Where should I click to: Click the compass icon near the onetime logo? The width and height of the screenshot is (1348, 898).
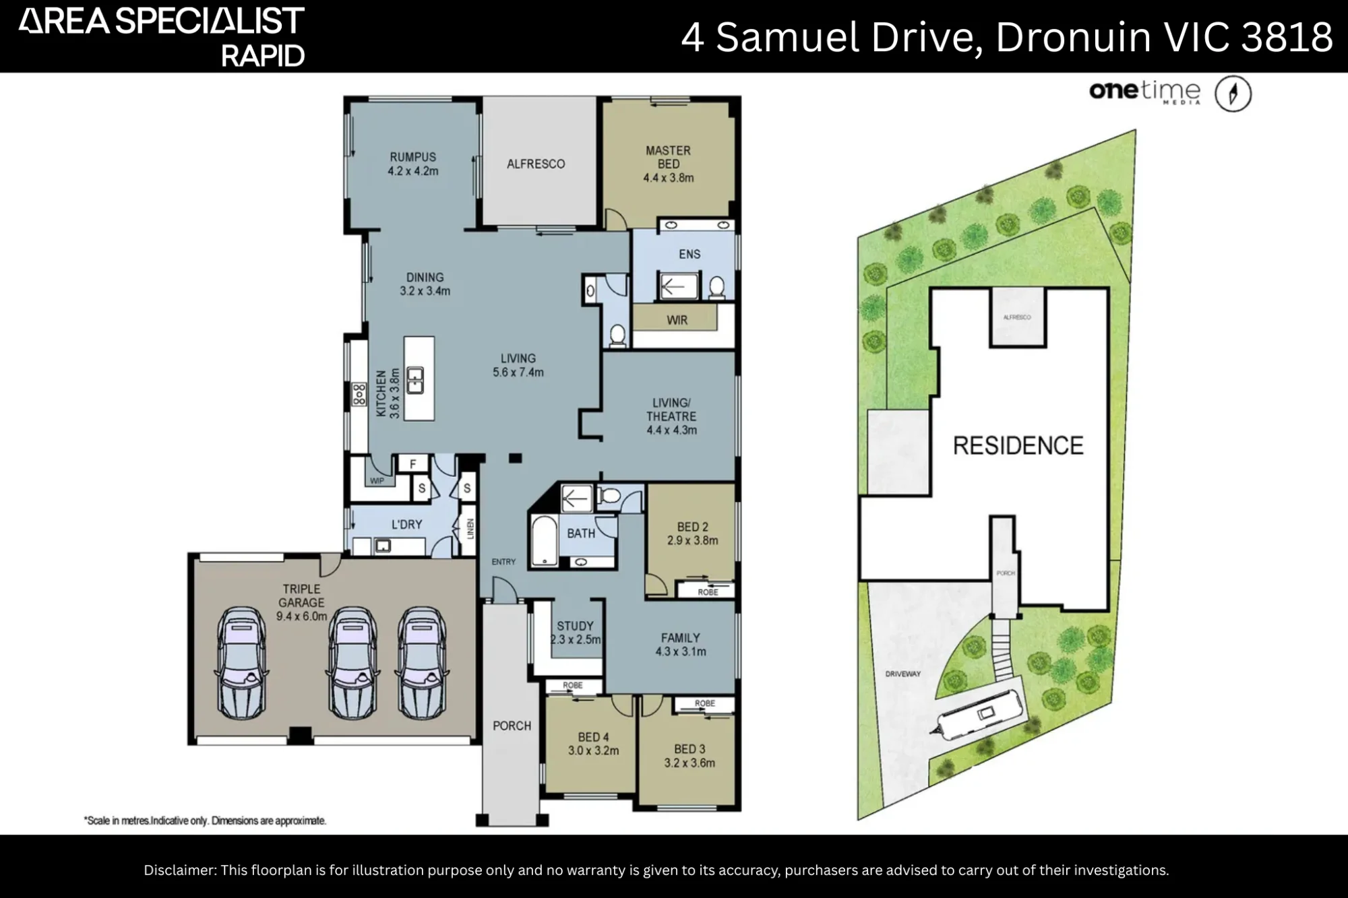[1233, 94]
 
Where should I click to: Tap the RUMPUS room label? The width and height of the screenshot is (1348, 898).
[412, 157]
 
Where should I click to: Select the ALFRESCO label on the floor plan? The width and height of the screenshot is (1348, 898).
[536, 164]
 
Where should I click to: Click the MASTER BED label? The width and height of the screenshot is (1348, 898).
[668, 157]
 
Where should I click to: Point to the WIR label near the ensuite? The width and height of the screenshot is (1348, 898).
[677, 320]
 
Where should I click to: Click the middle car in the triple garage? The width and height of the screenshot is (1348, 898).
[351, 664]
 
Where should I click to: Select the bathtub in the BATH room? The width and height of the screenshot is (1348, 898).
[544, 540]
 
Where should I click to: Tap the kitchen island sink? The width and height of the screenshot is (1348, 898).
[415, 381]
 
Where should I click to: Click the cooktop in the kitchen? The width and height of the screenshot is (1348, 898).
[359, 395]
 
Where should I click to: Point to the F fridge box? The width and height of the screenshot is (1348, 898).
[413, 463]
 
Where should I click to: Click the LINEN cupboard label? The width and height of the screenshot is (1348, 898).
[470, 530]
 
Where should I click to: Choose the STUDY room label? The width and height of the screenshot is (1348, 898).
[575, 626]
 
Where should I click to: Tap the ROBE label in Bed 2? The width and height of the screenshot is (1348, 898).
[708, 592]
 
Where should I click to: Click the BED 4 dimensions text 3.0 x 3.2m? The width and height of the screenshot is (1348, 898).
[593, 750]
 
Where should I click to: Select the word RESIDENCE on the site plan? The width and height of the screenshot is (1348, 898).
[1018, 445]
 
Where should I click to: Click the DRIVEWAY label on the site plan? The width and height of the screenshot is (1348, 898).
[902, 674]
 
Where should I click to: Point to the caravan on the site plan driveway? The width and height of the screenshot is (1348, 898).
[978, 714]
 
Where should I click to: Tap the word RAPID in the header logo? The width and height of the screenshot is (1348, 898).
[263, 56]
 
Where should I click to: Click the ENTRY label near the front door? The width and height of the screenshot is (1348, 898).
[503, 562]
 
